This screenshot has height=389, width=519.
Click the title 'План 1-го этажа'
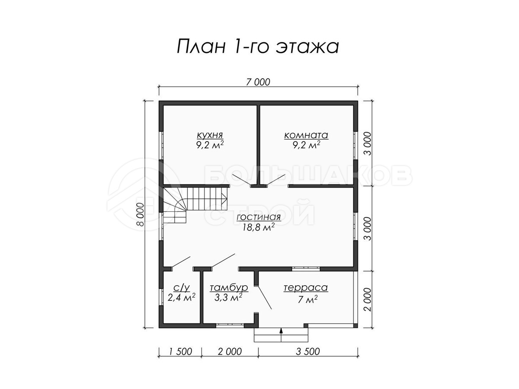click(x=258, y=47)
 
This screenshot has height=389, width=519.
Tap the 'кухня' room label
click(x=210, y=135)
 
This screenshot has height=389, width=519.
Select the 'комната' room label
click(x=306, y=135)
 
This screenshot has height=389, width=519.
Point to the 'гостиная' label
click(x=259, y=217)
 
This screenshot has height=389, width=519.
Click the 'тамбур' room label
click(x=229, y=288)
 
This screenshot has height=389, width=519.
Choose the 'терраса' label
click(x=306, y=288)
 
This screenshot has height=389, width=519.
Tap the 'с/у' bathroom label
click(x=182, y=287)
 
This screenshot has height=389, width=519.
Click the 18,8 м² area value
click(x=258, y=227)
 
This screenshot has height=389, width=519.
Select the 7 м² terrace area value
click(x=308, y=299)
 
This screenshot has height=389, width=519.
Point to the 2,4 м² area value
click(x=181, y=298)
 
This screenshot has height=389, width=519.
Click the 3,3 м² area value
click(x=228, y=298)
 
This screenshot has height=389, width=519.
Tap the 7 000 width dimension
click(x=258, y=82)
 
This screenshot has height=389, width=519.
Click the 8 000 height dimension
click(x=141, y=214)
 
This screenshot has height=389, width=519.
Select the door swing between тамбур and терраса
click(x=263, y=298)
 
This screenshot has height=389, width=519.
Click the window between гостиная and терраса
click(x=306, y=268)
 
